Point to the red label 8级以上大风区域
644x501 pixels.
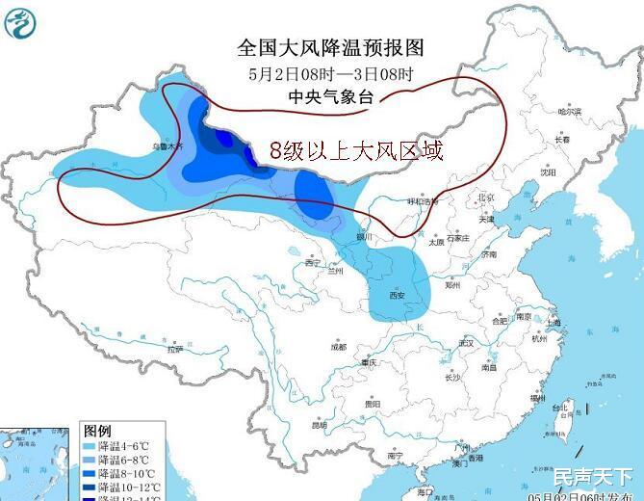[356, 149]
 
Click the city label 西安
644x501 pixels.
[399, 295]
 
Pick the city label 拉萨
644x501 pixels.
[174, 349]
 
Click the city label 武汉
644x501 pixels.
[468, 343]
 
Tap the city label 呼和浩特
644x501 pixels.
[422, 201]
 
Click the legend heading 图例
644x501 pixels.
[97, 430]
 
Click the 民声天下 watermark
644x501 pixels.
[593, 475]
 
